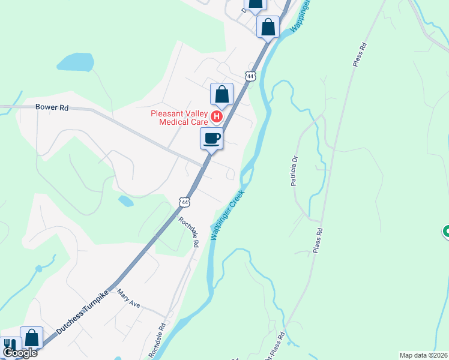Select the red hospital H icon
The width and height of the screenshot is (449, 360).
point(218,116)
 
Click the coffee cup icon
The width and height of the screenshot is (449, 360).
point(211,139)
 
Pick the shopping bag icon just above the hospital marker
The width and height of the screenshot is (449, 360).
point(221,94)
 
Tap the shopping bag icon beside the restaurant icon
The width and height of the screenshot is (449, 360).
point(31,338)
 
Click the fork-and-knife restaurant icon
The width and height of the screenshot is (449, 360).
point(10,344)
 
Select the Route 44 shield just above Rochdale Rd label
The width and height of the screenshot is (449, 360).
point(185,203)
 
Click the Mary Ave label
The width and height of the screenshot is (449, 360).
point(128,298)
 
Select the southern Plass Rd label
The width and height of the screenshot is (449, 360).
point(319,240)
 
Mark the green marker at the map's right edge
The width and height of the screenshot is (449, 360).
point(446,231)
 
